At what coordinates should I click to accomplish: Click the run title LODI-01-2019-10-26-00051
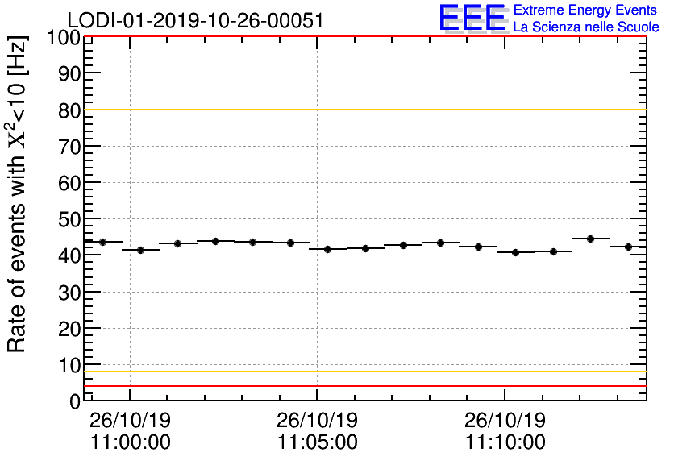(195, 20)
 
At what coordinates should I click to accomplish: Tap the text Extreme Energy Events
(585, 10)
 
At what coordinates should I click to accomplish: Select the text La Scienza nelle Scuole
(585, 27)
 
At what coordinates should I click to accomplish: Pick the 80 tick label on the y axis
(69, 110)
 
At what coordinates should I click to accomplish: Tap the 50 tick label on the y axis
(69, 219)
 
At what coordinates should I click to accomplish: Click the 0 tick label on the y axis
(75, 401)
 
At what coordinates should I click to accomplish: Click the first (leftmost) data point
(102, 242)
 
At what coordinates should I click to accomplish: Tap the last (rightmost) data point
(628, 247)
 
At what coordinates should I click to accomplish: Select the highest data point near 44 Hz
(590, 239)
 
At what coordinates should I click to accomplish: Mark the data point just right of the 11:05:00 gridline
(327, 249)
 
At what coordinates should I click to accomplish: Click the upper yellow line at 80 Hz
(363, 110)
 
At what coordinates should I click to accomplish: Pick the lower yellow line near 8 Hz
(363, 372)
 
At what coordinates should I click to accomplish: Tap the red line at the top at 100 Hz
(363, 37)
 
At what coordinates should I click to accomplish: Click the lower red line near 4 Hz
(363, 386)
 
